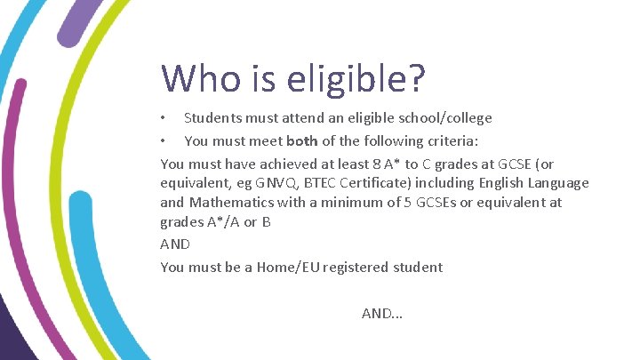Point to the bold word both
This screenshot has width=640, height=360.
point(302,140)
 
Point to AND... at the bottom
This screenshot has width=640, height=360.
point(382,313)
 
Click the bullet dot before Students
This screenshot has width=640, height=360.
point(164,118)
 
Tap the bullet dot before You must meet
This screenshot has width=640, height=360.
point(164,140)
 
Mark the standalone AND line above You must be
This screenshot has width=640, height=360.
point(175,244)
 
